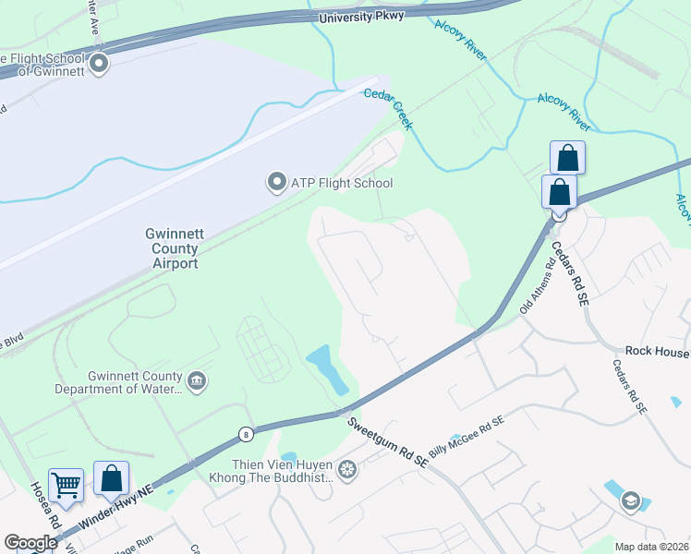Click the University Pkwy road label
(x=361, y=18)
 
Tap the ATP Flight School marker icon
(x=275, y=182)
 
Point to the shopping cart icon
(x=66, y=484)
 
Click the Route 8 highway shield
(x=245, y=434)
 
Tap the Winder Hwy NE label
(x=116, y=506)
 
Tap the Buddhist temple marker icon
(x=346, y=471)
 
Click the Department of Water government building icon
(x=196, y=380)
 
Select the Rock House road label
(x=657, y=351)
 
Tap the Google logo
(x=30, y=543)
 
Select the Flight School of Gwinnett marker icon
(x=98, y=64)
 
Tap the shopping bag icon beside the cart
(x=111, y=478)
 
